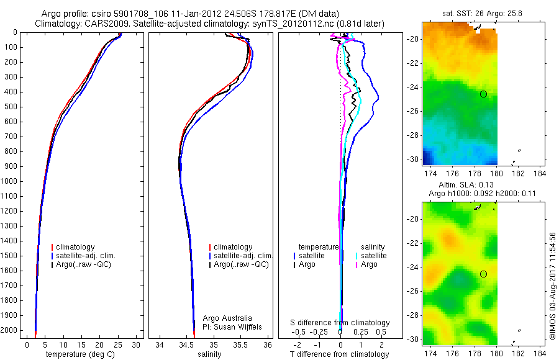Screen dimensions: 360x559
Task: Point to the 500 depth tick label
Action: (x=11, y=107)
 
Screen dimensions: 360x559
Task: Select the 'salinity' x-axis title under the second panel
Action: (x=209, y=354)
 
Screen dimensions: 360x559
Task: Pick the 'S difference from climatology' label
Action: (x=340, y=323)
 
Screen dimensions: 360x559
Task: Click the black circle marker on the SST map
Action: (x=483, y=94)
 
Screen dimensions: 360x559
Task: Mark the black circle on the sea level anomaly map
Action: (x=483, y=274)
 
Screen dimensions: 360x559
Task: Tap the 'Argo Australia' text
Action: (x=228, y=318)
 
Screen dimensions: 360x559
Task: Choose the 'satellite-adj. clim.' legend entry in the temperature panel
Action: (x=86, y=256)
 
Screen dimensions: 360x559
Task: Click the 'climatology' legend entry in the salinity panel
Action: (x=233, y=247)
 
